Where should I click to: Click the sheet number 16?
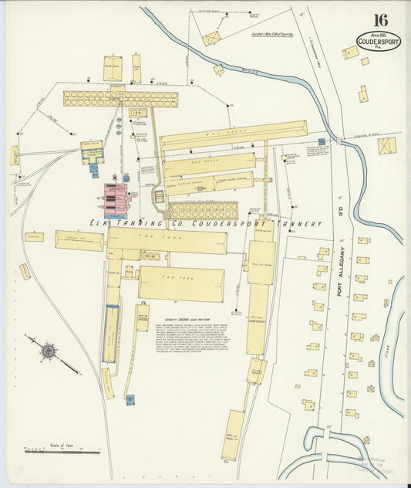point(379,21)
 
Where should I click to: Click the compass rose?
point(49,351)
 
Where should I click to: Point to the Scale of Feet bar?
point(62,450)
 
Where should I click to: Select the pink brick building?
point(116,198)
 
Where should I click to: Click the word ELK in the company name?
point(100,223)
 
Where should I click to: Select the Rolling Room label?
point(261,263)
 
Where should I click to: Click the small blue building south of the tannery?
point(130,399)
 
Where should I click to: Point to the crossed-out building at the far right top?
point(386,145)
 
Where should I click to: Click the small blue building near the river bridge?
point(321,142)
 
